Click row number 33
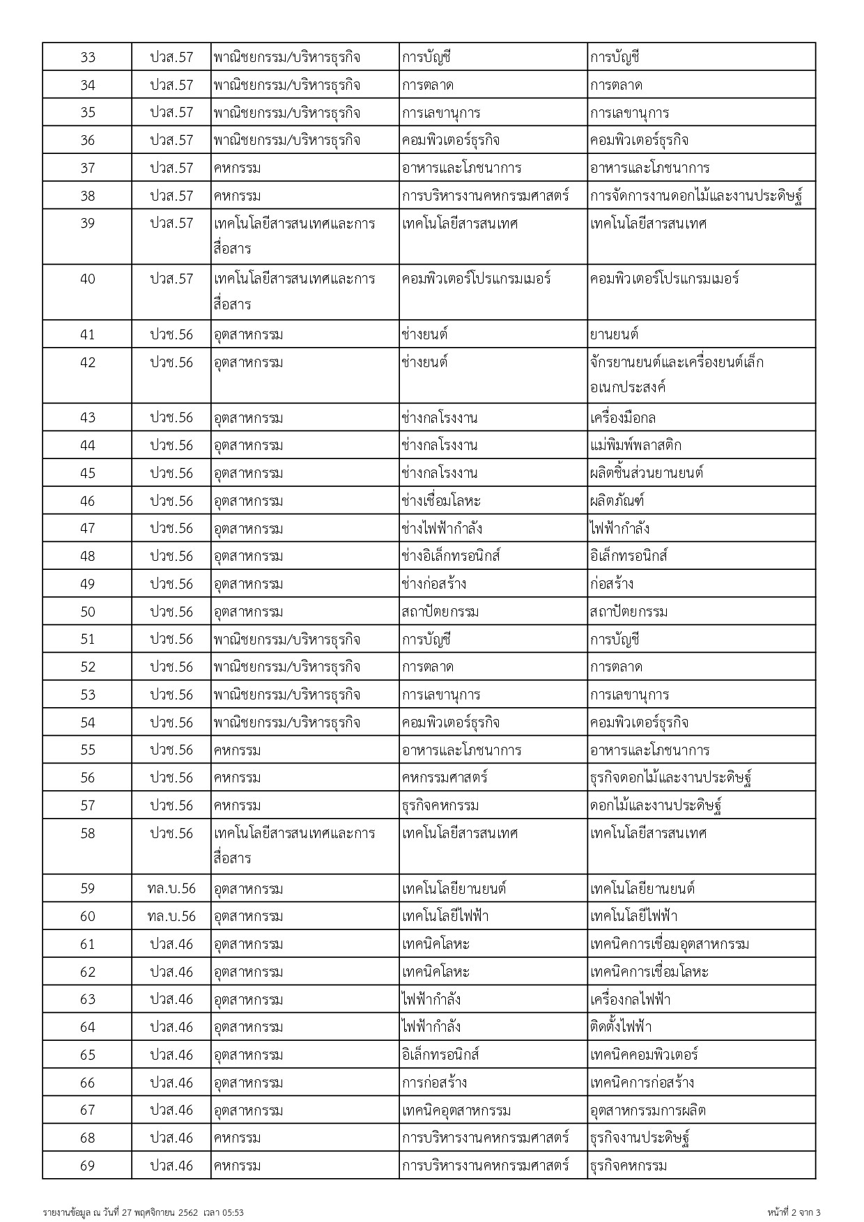87,57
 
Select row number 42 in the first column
87,362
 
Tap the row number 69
87,1166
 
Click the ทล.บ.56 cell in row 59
171,888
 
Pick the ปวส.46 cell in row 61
171,944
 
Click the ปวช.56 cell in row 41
171,334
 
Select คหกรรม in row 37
238,168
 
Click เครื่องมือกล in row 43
623,418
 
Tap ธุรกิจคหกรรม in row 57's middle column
440,805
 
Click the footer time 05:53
234,1213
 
